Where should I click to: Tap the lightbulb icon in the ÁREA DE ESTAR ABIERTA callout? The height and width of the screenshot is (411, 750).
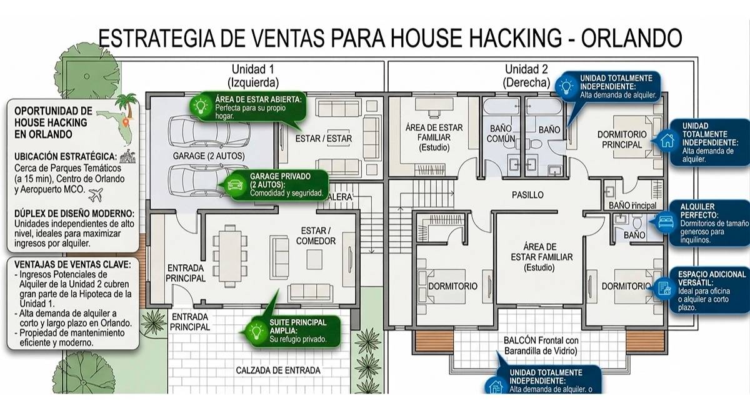click(201, 107)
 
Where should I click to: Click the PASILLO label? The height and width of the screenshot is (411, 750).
click(528, 195)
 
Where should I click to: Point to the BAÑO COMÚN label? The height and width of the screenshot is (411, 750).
click(501, 133)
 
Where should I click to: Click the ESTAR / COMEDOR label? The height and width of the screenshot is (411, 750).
click(315, 235)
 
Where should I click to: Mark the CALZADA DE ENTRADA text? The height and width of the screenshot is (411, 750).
click(278, 370)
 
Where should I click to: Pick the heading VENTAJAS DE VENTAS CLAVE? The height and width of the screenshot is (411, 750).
click(73, 264)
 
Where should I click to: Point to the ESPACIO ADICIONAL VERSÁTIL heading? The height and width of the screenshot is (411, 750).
click(711, 279)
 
